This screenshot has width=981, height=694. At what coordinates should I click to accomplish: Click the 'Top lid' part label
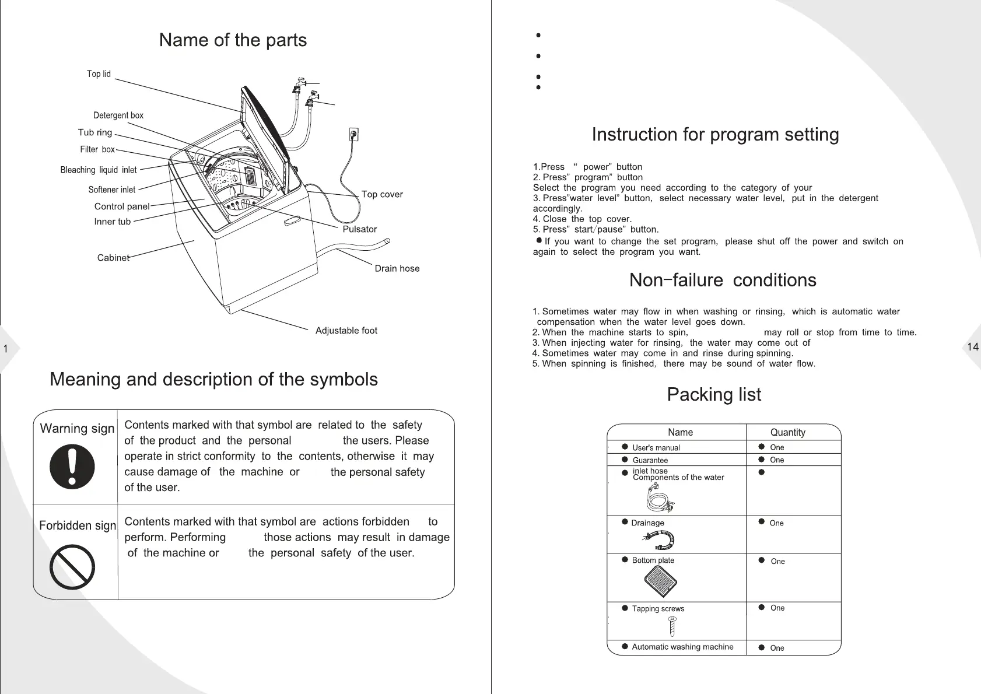point(99,74)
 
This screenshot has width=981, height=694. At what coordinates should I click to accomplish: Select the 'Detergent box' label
point(118,115)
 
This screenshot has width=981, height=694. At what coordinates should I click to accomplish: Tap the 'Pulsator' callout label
point(359,229)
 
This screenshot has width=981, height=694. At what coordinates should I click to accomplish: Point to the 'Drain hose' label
point(397,268)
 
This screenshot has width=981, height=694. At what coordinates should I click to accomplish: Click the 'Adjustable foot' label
point(346,331)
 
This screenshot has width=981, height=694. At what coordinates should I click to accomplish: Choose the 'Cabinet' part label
point(113,258)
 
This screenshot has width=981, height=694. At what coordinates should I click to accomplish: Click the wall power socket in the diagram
point(353,135)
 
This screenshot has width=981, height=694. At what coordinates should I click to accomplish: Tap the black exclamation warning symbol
point(72,467)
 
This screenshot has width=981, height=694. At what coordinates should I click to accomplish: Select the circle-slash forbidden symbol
point(72,567)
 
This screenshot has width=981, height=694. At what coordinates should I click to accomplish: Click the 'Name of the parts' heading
point(233,40)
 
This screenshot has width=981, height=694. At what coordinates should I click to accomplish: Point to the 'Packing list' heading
point(714,395)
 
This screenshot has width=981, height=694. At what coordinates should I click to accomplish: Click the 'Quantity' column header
point(787,432)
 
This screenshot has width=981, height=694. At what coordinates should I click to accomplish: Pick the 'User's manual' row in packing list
point(656,448)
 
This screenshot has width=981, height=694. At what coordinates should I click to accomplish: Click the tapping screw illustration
point(672,626)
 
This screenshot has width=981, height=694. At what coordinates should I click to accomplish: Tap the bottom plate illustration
point(661,581)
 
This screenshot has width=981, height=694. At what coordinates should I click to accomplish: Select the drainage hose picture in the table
point(661,541)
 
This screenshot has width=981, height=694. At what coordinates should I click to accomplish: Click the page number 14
point(972,347)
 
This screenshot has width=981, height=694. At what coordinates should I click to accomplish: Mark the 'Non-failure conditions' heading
point(723,281)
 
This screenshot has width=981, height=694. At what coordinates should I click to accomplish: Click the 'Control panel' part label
point(122,206)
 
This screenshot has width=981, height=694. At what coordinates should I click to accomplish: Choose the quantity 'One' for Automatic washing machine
point(777,648)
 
